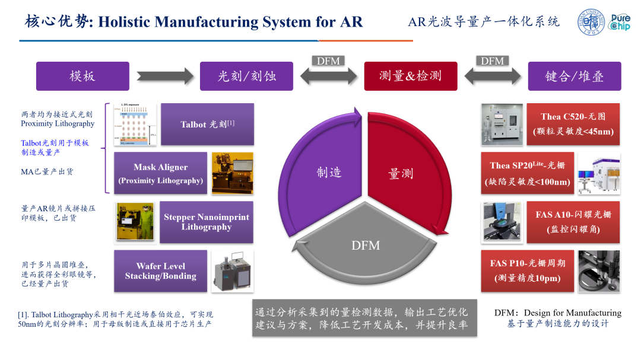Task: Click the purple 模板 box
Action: tap(82, 76)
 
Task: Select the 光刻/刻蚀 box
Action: tap(246, 76)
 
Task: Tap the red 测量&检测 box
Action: tap(410, 76)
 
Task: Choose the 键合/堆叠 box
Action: tap(574, 76)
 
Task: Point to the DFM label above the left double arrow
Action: tap(328, 60)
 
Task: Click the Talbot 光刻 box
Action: tap(207, 125)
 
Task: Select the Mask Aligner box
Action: tap(160, 173)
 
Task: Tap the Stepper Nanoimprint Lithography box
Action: tap(206, 222)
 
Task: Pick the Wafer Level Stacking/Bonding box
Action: tap(160, 271)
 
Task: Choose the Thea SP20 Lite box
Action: tap(526, 173)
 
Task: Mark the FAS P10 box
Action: tap(526, 271)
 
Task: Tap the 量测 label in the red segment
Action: tap(401, 173)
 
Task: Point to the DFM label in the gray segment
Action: tap(365, 244)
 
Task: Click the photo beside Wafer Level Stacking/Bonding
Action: tap(232, 272)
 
